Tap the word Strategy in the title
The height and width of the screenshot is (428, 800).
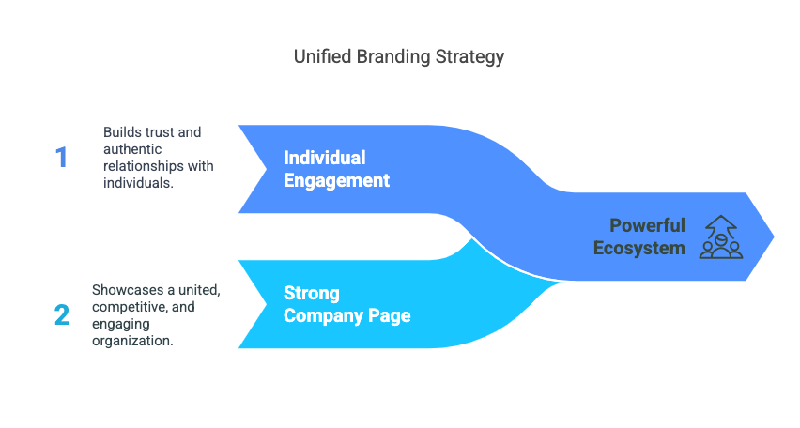pos(469,57)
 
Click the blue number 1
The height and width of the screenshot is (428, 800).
pos(61,157)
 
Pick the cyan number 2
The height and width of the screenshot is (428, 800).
pos(62,314)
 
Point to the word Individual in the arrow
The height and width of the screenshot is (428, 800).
pos(325,158)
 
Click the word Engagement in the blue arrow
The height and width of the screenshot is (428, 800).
pos(337,180)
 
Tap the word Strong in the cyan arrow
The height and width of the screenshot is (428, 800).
pos(311,294)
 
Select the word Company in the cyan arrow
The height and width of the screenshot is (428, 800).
pos(323,315)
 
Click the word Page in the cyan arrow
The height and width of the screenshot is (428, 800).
pos(390,316)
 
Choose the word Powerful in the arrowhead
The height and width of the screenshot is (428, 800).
pos(648,225)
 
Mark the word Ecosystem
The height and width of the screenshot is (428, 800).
pos(639,249)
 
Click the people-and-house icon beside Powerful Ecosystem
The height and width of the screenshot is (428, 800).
pos(721,237)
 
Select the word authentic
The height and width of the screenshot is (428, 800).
pos(132,149)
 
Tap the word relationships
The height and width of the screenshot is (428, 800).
pos(144,166)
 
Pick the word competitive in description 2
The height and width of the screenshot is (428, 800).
pos(128,307)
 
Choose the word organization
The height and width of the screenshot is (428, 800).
pos(132,341)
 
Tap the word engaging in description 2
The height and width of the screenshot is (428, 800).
pos(121,325)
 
